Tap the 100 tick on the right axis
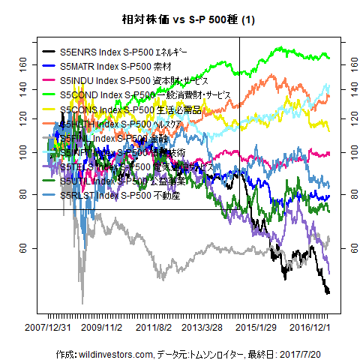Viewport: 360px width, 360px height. tap(346, 151)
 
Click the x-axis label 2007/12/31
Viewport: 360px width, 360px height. tap(48, 328)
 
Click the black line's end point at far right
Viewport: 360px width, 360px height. tap(328, 292)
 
